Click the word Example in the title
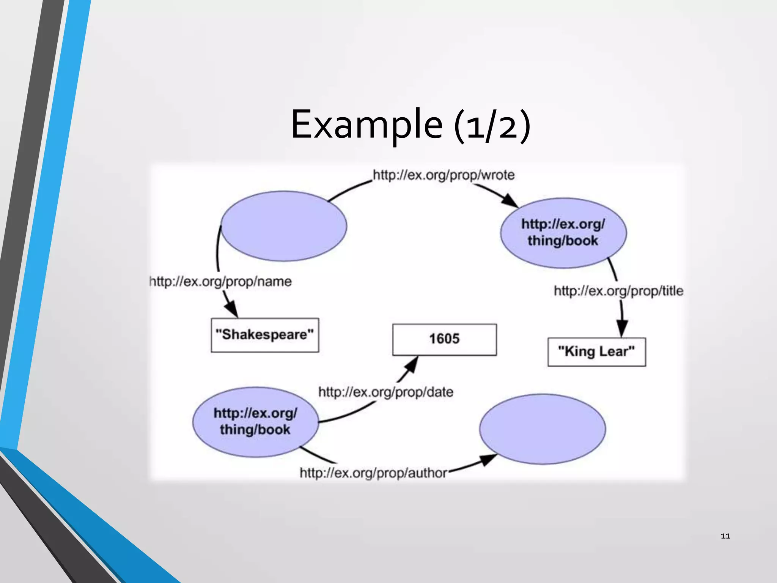(366, 124)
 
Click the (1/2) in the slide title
(492, 125)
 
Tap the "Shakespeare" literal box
(265, 335)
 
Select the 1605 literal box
(444, 339)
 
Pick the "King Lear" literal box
(596, 352)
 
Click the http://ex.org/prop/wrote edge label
(444, 175)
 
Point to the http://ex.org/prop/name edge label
(221, 282)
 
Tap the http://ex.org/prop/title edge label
(618, 291)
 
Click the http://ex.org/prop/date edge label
(386, 392)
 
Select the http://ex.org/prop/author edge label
(373, 473)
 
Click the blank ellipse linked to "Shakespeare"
(284, 226)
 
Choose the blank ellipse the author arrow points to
(543, 429)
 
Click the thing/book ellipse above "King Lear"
(563, 233)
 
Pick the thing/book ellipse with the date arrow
(255, 422)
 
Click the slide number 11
(725, 536)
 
